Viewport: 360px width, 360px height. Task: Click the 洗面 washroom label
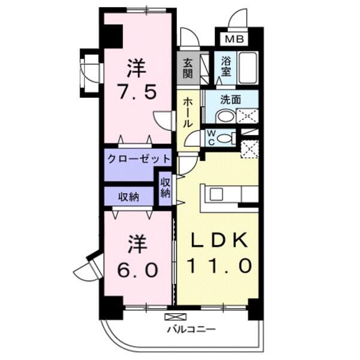pos(231,100)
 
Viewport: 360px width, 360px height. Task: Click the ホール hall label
pos(188,112)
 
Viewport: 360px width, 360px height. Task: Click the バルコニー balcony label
pos(190,329)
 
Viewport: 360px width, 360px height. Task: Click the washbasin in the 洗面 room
pos(226,116)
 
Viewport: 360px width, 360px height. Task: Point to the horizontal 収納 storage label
pos(130,196)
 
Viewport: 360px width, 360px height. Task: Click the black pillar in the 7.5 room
pos(112,35)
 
